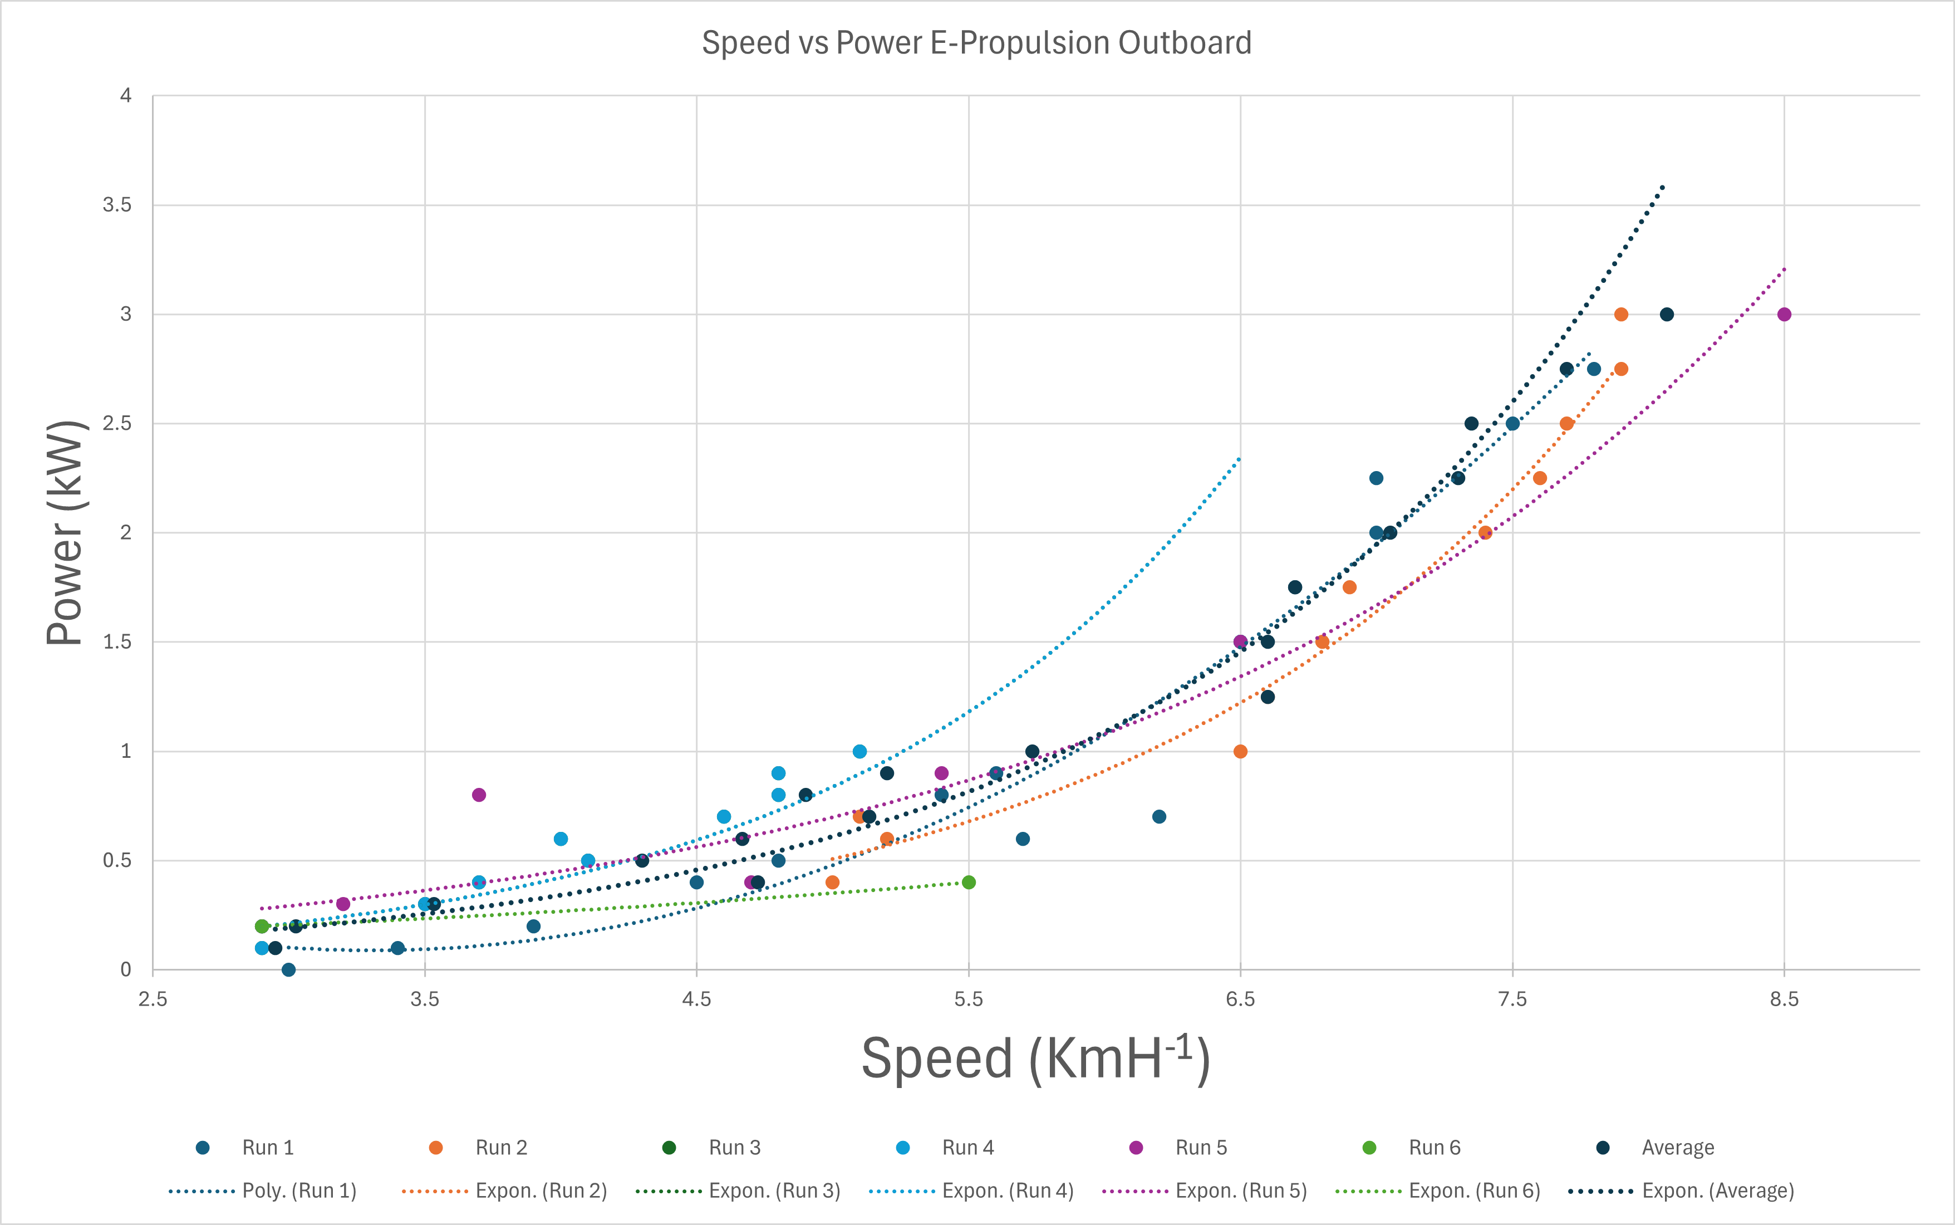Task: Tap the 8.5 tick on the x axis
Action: tap(1784, 999)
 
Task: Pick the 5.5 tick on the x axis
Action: tap(968, 999)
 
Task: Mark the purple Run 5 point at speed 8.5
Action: tap(1784, 315)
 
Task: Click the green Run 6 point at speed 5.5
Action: tap(969, 883)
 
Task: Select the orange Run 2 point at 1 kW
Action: tap(1240, 752)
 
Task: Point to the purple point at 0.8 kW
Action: tap(479, 795)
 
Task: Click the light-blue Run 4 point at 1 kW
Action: tap(859, 752)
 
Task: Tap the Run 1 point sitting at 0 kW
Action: tap(288, 970)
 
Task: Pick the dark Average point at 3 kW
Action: tap(1667, 315)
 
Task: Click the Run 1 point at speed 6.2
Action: tap(1159, 817)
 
